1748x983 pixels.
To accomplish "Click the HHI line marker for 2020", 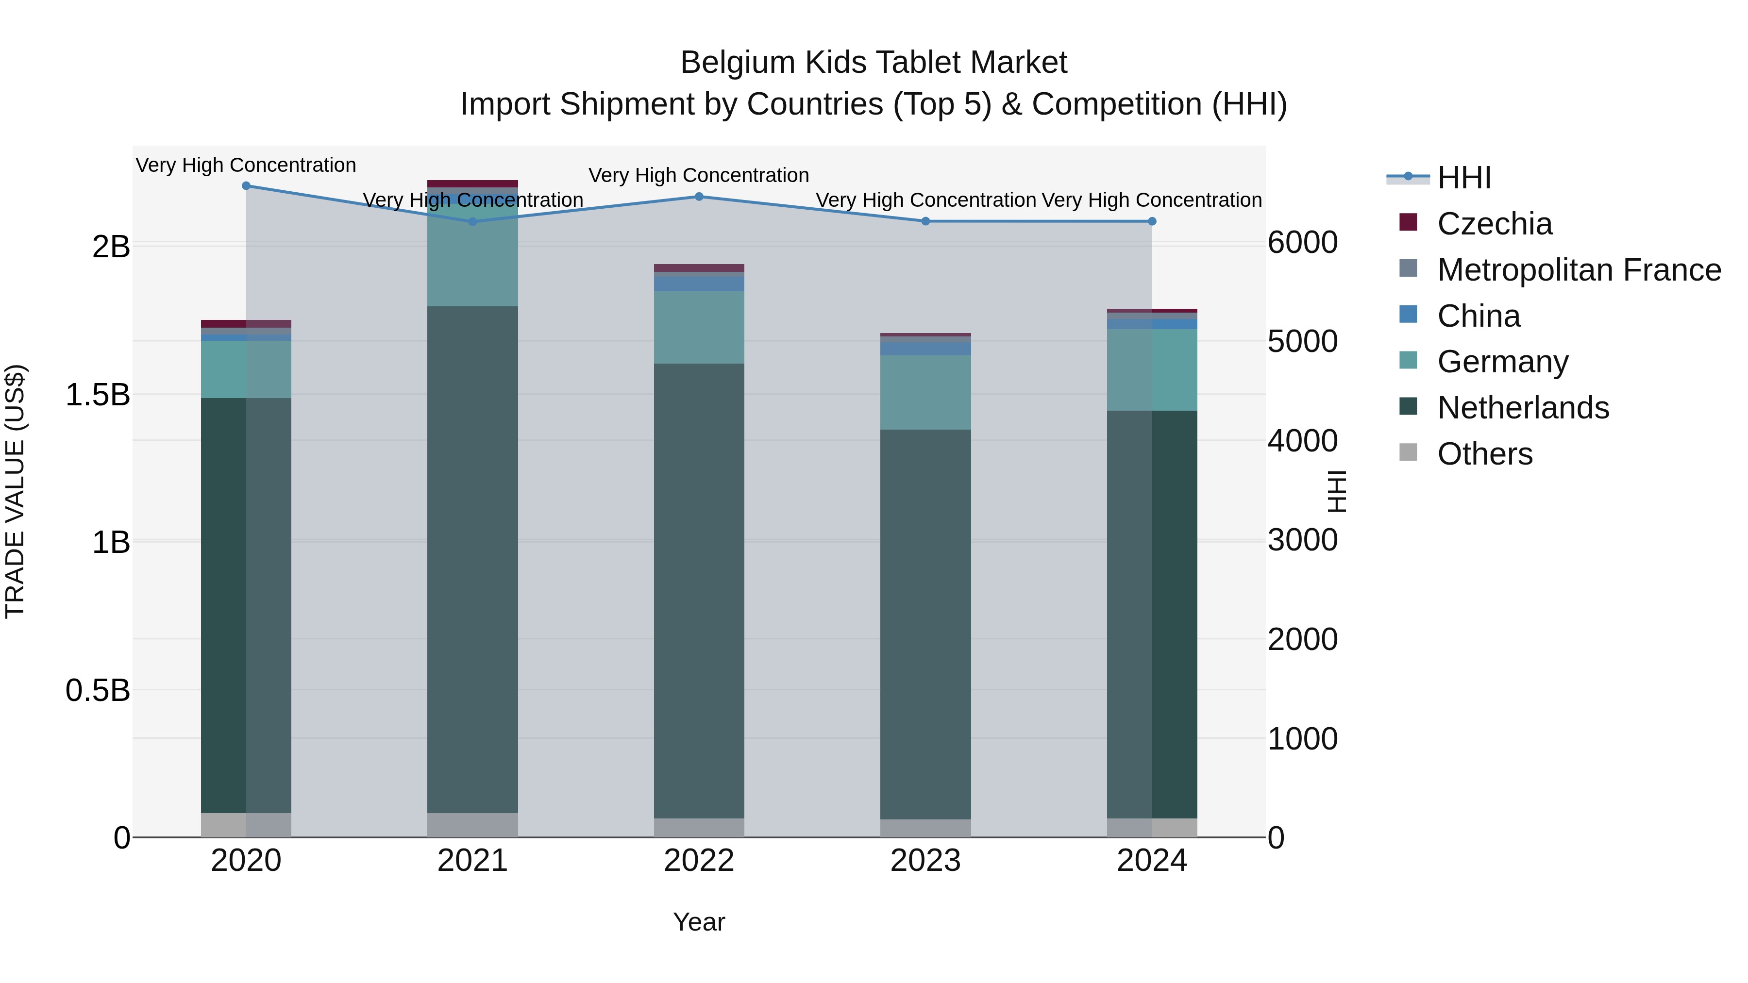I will click(246, 186).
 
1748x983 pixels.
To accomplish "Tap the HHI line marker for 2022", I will click(699, 197).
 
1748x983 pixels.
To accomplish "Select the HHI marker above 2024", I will click(1152, 221).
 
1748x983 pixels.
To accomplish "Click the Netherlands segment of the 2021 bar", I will click(472, 560).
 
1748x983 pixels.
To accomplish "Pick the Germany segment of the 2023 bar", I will click(925, 392).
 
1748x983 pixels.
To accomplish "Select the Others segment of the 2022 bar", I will click(699, 828).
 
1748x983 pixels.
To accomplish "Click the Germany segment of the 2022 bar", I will click(699, 327).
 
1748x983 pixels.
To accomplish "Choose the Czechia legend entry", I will click(1494, 224).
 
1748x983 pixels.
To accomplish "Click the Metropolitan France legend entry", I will click(1579, 270).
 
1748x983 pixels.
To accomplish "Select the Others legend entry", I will click(1485, 454).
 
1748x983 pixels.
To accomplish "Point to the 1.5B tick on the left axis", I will click(97, 395).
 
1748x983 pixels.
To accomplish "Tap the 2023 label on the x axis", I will click(925, 861).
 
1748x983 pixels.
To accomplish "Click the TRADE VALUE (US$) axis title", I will click(15, 491).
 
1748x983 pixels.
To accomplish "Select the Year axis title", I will click(699, 922).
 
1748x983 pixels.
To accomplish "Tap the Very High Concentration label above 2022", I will click(699, 175).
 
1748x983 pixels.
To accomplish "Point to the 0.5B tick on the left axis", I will click(97, 691).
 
